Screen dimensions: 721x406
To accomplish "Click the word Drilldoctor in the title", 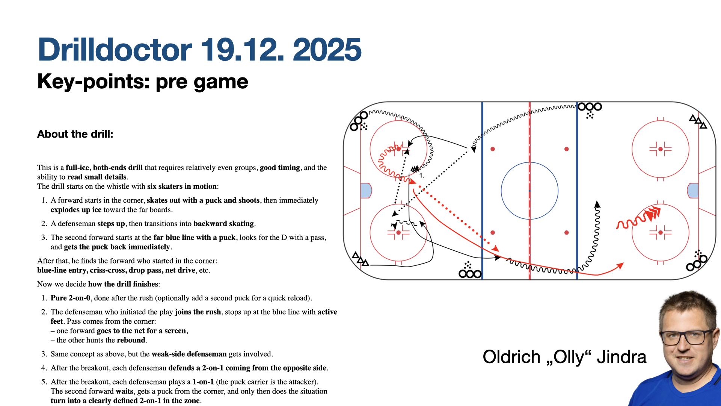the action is [115, 50].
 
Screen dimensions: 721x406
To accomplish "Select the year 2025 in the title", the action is [327, 50].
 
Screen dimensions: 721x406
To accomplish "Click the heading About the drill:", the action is [75, 134].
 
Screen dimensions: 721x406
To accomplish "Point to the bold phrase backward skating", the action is [224, 224].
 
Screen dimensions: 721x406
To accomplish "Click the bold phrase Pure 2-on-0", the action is [70, 298].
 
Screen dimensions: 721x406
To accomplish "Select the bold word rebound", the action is [131, 340].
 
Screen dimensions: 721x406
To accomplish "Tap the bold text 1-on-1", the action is [203, 382].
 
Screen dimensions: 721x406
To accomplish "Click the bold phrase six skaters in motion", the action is [182, 186].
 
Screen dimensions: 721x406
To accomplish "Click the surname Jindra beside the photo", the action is [621, 357].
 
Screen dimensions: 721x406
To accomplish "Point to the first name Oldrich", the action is [511, 357].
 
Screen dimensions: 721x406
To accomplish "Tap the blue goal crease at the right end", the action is [693, 191].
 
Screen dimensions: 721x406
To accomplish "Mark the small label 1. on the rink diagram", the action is [422, 176].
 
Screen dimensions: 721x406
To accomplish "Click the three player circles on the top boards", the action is [590, 107].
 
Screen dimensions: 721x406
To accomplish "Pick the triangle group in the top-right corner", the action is [698, 121].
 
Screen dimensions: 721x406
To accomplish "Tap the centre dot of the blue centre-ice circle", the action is [529, 191].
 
